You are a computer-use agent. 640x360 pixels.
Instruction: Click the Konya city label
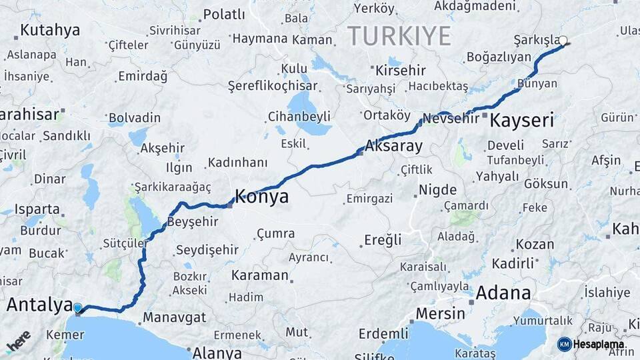[x=261, y=197]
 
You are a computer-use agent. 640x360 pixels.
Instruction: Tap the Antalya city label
[x=39, y=305]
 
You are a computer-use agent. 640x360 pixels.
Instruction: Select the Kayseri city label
[x=522, y=121]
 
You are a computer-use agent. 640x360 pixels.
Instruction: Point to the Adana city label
[x=503, y=293]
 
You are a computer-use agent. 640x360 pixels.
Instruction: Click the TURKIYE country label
[x=399, y=35]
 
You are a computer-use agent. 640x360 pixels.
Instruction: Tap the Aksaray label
[x=394, y=146]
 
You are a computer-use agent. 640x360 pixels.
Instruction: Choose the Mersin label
[x=440, y=313]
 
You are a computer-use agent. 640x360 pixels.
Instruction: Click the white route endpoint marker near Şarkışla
[x=563, y=41]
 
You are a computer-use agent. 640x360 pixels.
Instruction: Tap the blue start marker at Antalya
[x=78, y=309]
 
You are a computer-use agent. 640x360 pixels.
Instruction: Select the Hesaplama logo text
[x=598, y=344]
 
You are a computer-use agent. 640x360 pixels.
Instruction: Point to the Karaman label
[x=259, y=275]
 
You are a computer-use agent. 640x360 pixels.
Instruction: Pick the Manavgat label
[x=174, y=317]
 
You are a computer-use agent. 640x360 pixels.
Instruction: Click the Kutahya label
[x=50, y=30]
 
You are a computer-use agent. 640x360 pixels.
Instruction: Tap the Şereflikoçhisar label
[x=273, y=86]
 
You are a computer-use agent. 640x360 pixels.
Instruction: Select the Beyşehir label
[x=192, y=221]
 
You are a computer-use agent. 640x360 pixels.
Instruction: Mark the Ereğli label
[x=383, y=240]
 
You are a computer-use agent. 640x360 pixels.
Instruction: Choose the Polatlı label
[x=224, y=14]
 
